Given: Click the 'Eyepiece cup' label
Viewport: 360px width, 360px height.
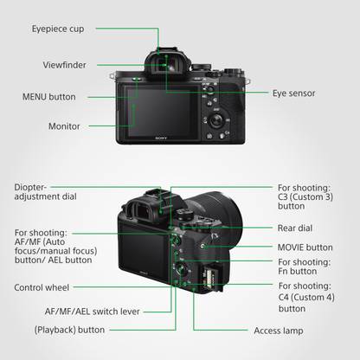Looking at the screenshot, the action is coord(58,29).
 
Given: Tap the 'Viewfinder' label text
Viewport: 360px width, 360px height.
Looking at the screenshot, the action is coord(64,65).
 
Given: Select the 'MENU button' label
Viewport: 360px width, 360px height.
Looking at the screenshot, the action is coord(49,97).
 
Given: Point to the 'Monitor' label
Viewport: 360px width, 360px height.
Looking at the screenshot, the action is coord(64,126).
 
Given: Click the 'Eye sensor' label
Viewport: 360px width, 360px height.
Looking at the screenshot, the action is coord(294,93).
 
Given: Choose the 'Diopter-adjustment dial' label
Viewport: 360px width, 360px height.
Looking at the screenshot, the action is coord(45,192).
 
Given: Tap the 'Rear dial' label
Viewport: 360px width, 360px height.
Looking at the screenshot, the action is coord(295,228).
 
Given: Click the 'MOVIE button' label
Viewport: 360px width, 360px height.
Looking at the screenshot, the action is coord(305,247).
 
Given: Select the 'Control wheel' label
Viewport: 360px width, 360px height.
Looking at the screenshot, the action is coord(42,287).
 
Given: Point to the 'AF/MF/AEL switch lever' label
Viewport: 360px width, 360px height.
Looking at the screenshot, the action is coord(92,312).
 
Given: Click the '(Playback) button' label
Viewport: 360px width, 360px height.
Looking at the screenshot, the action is coord(69,330).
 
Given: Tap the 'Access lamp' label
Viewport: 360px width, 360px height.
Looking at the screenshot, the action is coord(279,331).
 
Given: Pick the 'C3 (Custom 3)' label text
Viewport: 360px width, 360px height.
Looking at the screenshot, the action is coord(305,197).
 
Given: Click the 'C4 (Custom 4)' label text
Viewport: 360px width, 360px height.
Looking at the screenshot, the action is coord(306,297).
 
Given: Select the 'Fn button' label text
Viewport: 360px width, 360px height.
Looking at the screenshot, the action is coord(298,271).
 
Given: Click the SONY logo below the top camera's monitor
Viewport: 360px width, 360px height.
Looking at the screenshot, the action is coord(161,138).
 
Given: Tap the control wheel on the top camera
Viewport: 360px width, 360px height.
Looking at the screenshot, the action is coord(216,119).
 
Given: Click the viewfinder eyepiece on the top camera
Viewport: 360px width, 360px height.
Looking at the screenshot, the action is coord(168,64).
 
